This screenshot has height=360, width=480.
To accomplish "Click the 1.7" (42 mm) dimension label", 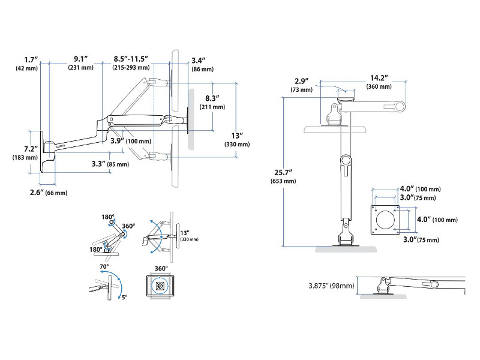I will click(x=28, y=64).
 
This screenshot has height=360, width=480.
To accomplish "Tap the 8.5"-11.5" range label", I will click(x=131, y=63).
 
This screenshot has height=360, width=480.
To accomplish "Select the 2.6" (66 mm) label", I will click(x=47, y=192).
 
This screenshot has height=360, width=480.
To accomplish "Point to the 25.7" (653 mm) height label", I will click(x=284, y=176).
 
